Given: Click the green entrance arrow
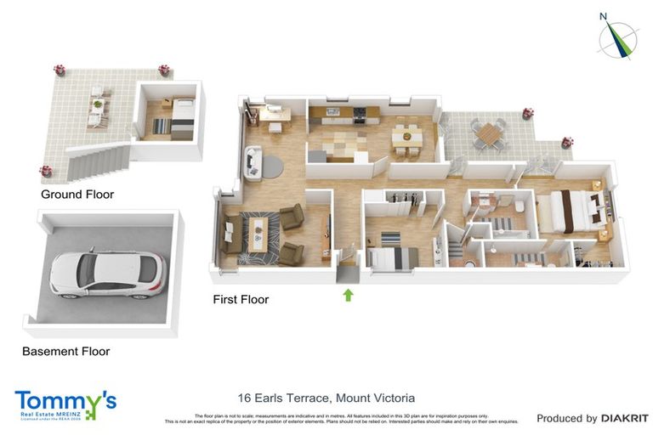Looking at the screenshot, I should click(x=347, y=295).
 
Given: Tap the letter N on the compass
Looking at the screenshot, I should click(x=603, y=15).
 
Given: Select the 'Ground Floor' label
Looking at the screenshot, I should click(x=77, y=195).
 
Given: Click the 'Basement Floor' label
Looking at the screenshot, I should click(x=65, y=351).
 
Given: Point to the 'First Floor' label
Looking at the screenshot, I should click(x=241, y=299).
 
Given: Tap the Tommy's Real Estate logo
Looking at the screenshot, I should click(x=65, y=404).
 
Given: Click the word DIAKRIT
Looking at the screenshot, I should click(x=625, y=418).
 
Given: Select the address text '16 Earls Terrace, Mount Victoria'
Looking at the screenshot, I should click(x=326, y=398).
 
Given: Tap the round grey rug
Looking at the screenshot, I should click(x=271, y=164).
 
